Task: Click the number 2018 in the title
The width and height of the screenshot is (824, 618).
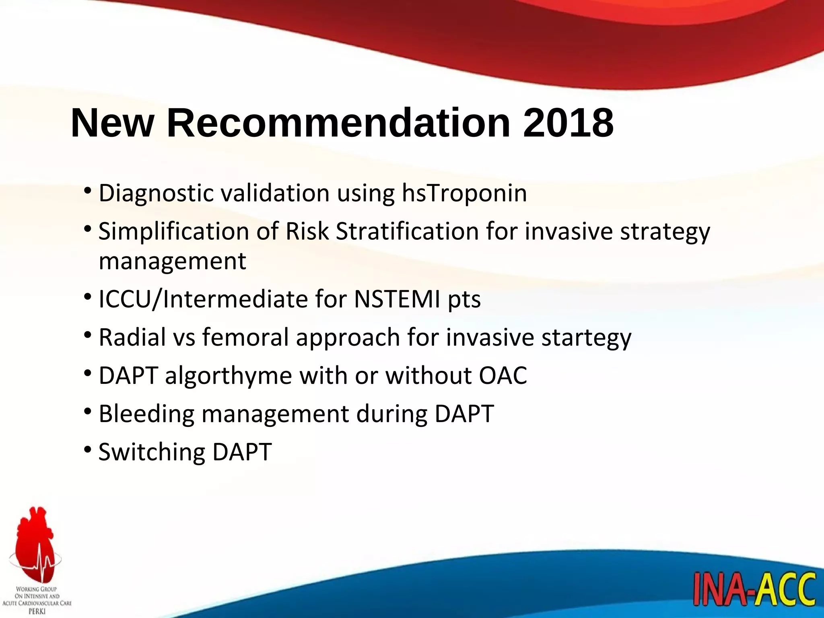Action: click(568, 123)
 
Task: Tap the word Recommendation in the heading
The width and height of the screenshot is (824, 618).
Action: click(338, 123)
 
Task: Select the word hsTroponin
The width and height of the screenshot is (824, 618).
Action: click(464, 193)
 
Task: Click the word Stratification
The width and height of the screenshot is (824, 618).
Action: click(407, 232)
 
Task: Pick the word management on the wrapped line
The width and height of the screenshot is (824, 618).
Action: click(172, 262)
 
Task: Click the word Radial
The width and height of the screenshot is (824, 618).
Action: click(132, 337)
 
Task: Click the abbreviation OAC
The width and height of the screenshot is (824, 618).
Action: click(503, 376)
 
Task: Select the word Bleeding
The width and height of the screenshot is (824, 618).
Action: click(146, 414)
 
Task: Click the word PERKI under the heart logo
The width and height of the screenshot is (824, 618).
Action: click(37, 611)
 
